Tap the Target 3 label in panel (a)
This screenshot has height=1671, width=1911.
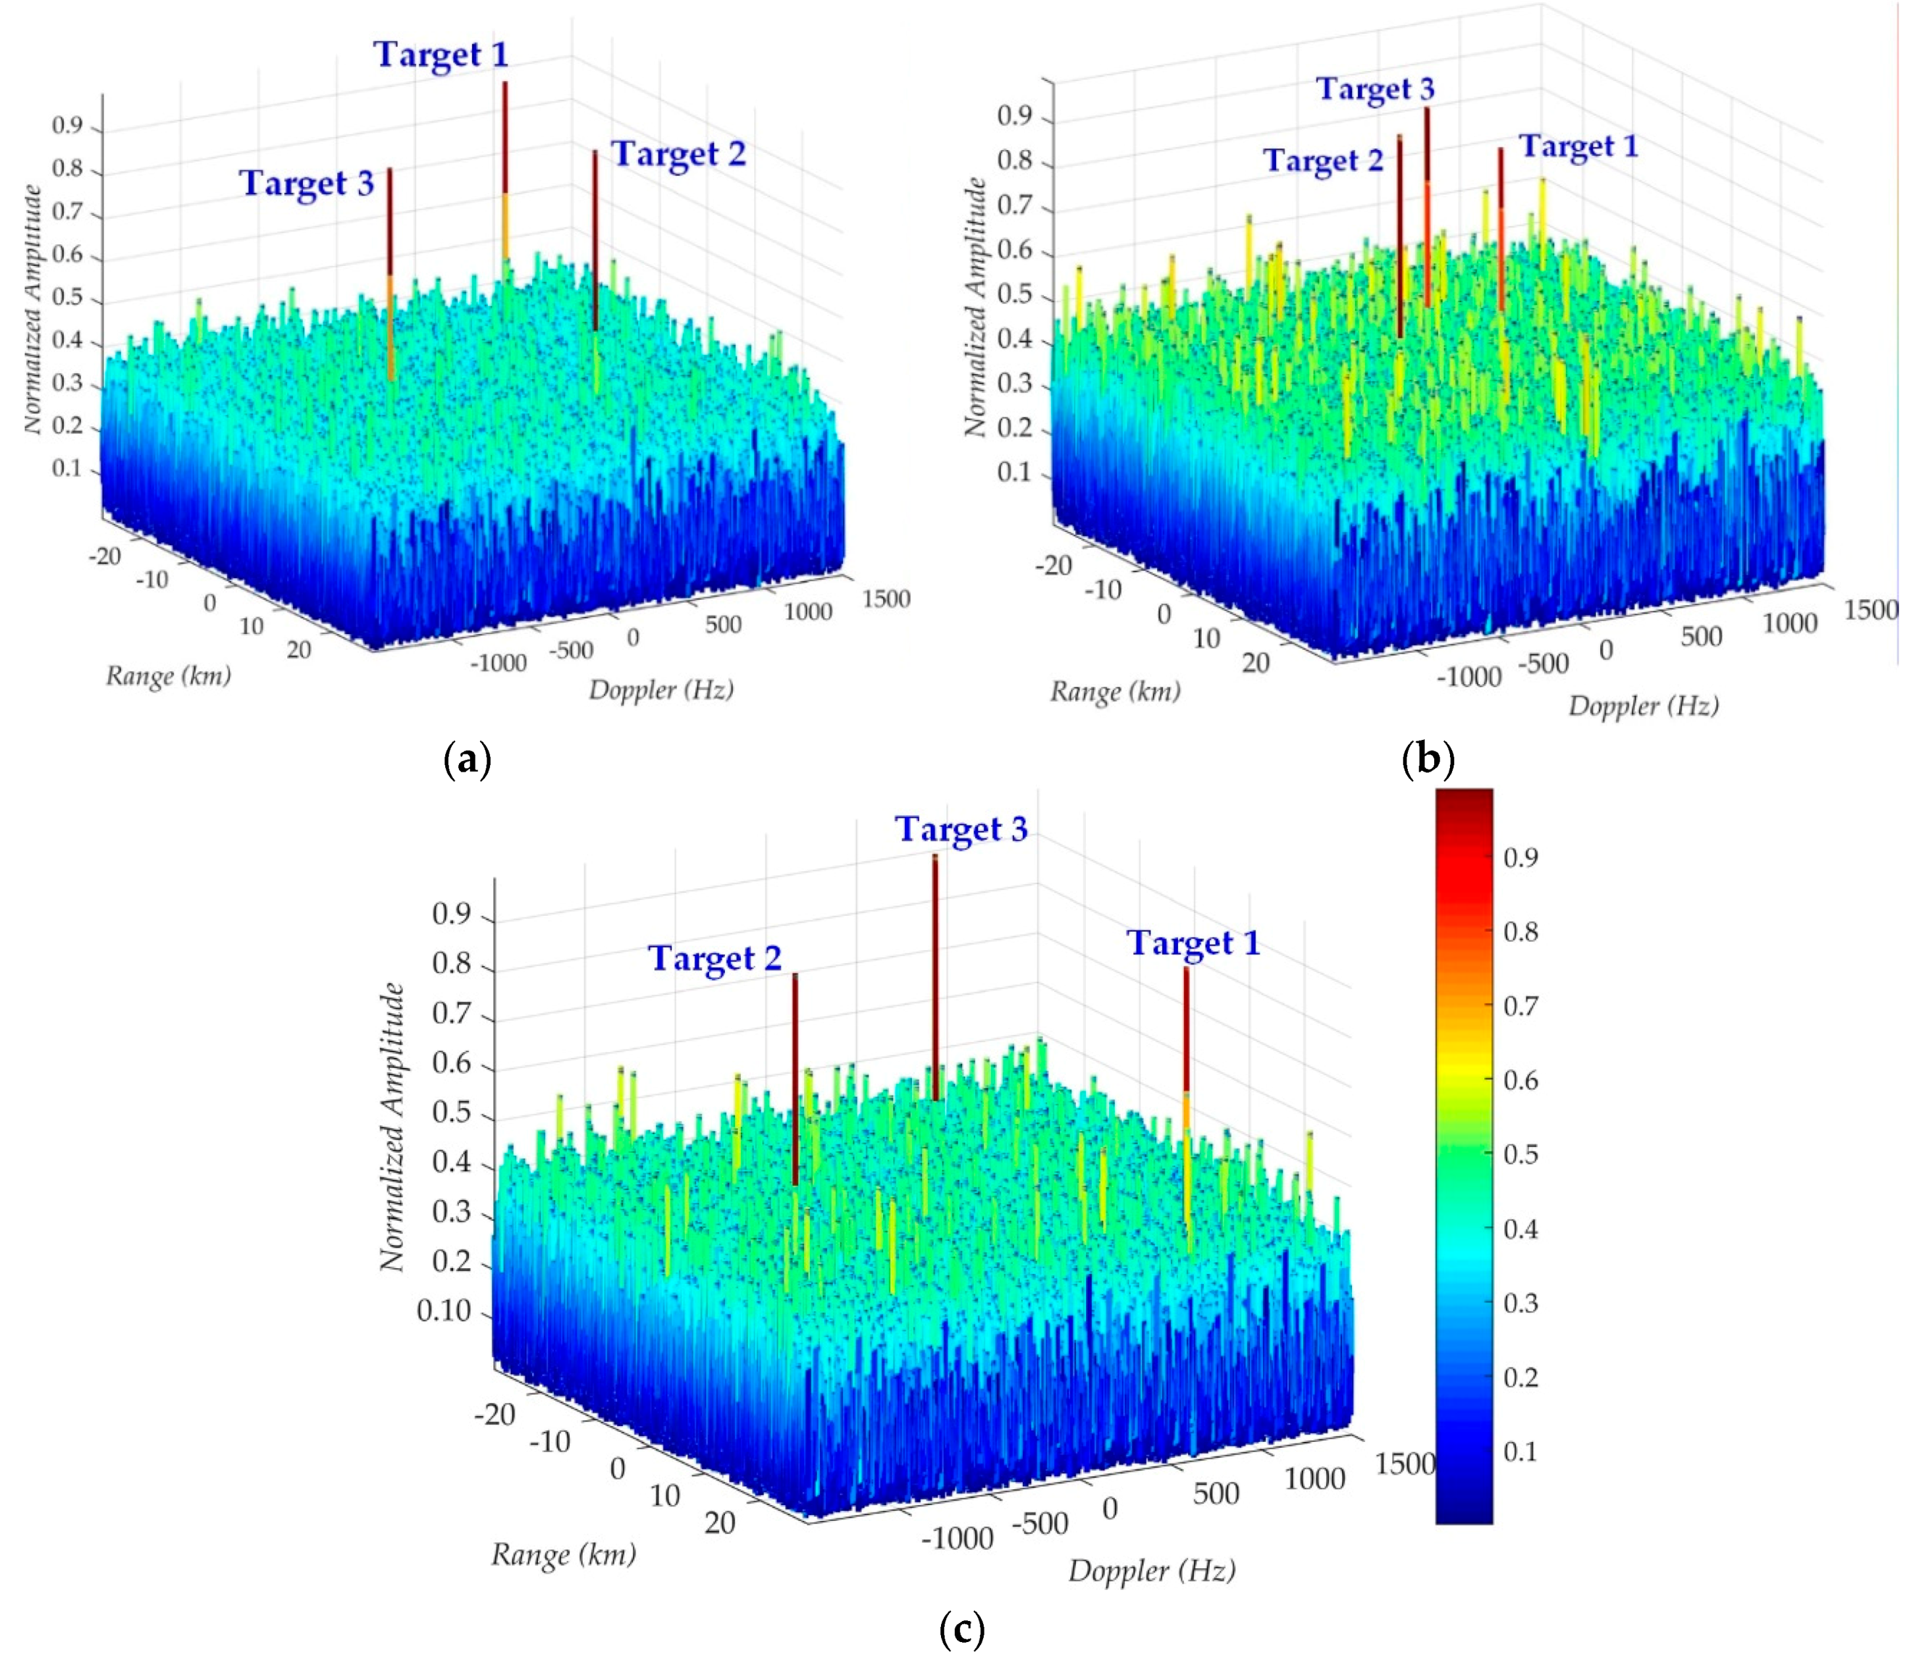[307, 183]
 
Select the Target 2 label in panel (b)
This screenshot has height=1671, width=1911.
[1324, 161]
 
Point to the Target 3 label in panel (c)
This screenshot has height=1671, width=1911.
[961, 829]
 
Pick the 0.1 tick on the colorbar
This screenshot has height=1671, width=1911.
[1521, 1451]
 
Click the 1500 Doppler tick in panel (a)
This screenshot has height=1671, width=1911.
[885, 598]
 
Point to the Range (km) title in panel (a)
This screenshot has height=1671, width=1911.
[168, 675]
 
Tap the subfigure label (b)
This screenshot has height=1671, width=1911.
[1428, 760]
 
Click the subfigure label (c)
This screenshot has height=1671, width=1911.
[961, 1630]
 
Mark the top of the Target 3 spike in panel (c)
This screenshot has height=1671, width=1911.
[934, 858]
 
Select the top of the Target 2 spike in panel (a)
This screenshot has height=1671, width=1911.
[594, 153]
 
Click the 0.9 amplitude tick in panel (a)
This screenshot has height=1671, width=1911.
[67, 126]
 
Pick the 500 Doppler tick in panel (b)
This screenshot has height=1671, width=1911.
[1700, 637]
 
